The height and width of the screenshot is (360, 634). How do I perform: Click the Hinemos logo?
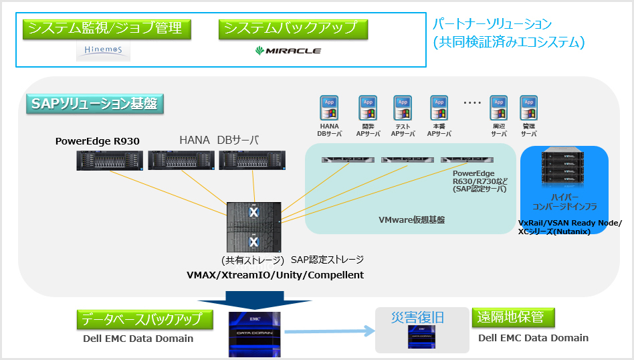tap(103, 51)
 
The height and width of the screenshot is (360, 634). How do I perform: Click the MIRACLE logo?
tap(288, 51)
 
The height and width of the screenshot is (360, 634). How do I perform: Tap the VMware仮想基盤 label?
tap(412, 219)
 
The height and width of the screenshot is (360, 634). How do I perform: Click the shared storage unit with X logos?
tap(253, 226)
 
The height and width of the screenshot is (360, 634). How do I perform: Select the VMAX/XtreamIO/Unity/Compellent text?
tap(275, 275)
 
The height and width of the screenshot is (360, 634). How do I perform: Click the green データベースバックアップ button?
tap(144, 319)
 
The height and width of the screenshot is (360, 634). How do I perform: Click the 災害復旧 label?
tap(417, 317)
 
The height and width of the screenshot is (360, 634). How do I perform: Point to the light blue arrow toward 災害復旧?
tap(328, 330)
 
